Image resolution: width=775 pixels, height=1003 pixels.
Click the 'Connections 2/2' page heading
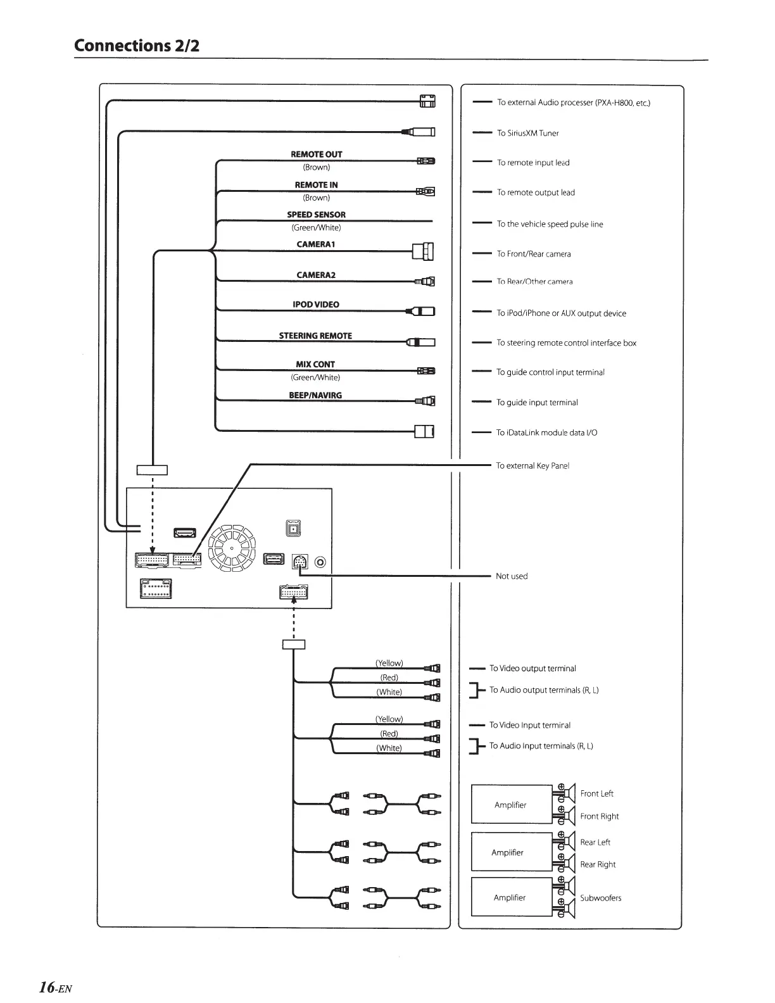tap(137, 46)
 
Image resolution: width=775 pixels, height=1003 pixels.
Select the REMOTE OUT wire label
tap(316, 155)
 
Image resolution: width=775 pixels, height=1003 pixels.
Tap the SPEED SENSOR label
tap(316, 215)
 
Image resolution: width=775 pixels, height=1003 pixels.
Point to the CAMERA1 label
tap(315, 244)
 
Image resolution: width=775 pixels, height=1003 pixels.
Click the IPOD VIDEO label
tap(315, 305)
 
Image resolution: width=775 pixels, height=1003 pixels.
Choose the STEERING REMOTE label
tap(315, 336)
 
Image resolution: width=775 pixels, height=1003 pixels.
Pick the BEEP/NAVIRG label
tap(315, 395)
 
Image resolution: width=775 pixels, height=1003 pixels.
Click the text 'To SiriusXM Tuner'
tap(527, 133)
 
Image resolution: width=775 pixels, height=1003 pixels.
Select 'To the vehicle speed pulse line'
tap(550, 224)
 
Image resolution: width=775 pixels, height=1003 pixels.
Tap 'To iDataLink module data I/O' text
tap(546, 432)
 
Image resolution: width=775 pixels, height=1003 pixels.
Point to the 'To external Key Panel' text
tap(532, 465)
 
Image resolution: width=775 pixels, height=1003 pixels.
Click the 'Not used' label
tap(512, 576)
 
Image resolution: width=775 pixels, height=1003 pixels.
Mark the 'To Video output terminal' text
tap(532, 668)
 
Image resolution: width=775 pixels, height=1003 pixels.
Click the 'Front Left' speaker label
tap(596, 793)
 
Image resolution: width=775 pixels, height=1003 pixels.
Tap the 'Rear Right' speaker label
tap(598, 864)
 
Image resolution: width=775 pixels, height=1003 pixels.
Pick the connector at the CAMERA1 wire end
tap(424, 251)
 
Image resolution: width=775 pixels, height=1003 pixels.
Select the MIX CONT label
tap(315, 365)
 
